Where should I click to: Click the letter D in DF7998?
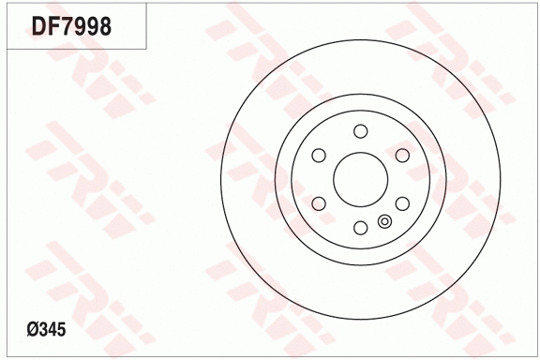pos(42,28)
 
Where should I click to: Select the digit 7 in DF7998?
pos(68,28)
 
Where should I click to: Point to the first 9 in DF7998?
pos(81,28)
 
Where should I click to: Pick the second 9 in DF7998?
pos(93,28)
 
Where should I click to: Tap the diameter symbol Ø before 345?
pos(35,329)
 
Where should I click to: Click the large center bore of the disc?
pos(360,178)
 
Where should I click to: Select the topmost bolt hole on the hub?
pos(360,130)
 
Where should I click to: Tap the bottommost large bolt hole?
pos(360,227)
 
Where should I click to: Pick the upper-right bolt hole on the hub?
pos(401,155)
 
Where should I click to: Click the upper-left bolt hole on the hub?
pos(319,155)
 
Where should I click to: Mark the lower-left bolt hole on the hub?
pos(319,202)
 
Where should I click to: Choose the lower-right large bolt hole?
pos(401,202)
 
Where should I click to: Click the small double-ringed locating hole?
pos(384,221)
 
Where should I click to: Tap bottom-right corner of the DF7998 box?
pos(146,48)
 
